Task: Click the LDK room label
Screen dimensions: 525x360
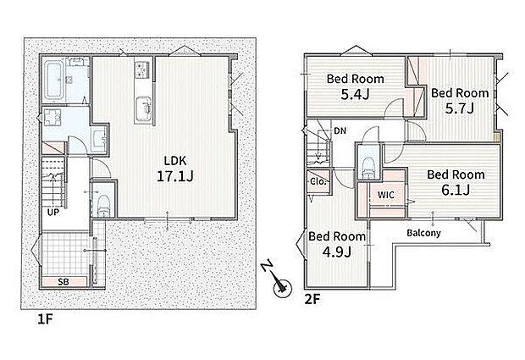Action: pyautogui.click(x=175, y=161)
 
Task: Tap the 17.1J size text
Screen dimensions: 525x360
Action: pyautogui.click(x=174, y=176)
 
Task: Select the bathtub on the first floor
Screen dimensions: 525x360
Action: pyautogui.click(x=53, y=80)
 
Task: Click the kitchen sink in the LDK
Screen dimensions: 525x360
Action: pyautogui.click(x=143, y=108)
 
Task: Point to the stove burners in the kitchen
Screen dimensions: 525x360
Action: pyautogui.click(x=143, y=69)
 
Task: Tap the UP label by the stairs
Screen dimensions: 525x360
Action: pyautogui.click(x=52, y=213)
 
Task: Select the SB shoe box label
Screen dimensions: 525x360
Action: pyautogui.click(x=64, y=281)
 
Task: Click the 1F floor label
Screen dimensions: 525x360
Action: pyautogui.click(x=45, y=319)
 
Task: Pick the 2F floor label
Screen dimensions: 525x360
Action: pyautogui.click(x=312, y=299)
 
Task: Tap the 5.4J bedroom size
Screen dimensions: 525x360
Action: pyautogui.click(x=355, y=94)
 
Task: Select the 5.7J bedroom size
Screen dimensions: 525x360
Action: pyautogui.click(x=459, y=108)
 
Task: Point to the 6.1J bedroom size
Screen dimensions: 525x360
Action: pyautogui.click(x=456, y=191)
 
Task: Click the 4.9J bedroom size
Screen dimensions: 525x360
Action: pyautogui.click(x=336, y=252)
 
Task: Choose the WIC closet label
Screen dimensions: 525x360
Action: pyautogui.click(x=386, y=195)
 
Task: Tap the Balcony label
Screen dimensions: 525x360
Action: pyautogui.click(x=423, y=233)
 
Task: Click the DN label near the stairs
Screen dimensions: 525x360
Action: pyautogui.click(x=340, y=131)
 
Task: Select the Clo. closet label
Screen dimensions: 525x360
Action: pyautogui.click(x=318, y=182)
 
